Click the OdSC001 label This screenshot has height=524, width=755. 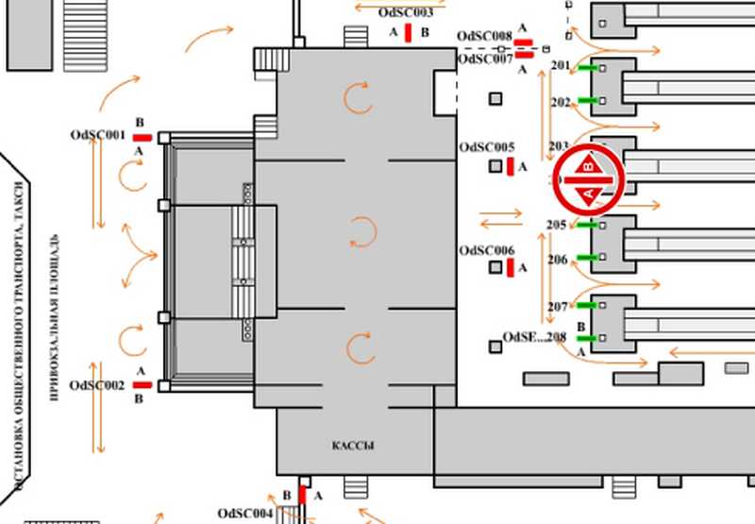coord(97,135)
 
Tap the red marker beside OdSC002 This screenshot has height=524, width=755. coord(143,385)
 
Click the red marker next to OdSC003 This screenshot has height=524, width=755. coord(408,33)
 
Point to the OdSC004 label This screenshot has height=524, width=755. coord(244,513)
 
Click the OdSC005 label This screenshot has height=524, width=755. coord(486,147)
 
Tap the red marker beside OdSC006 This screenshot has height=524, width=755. coord(510,268)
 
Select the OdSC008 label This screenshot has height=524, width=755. coord(484,36)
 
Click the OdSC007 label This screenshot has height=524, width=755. coord(484,59)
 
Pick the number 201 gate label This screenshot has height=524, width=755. coord(560,66)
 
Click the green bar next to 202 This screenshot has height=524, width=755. coord(588,100)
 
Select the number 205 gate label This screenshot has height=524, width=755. coord(557,225)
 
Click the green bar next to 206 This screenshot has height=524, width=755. coord(588,258)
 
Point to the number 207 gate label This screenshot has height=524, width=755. coord(557,307)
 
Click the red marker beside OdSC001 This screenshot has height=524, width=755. coord(142,137)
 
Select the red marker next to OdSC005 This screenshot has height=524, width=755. coord(510,167)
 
